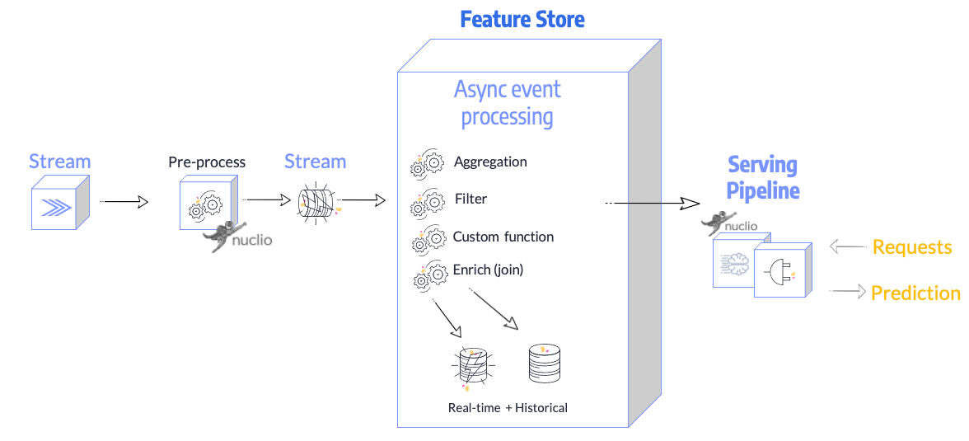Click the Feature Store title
[x=522, y=19]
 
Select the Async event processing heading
[x=507, y=103]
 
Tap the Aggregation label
[x=490, y=162]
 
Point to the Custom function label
[x=503, y=237]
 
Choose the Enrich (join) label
[x=488, y=270]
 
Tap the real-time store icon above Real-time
[x=472, y=365]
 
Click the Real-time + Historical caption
[x=508, y=407]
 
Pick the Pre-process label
[x=207, y=162]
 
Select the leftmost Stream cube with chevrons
[x=58, y=206]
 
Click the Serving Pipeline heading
[x=762, y=177]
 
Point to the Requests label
[x=911, y=247]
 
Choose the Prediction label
[x=915, y=293]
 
